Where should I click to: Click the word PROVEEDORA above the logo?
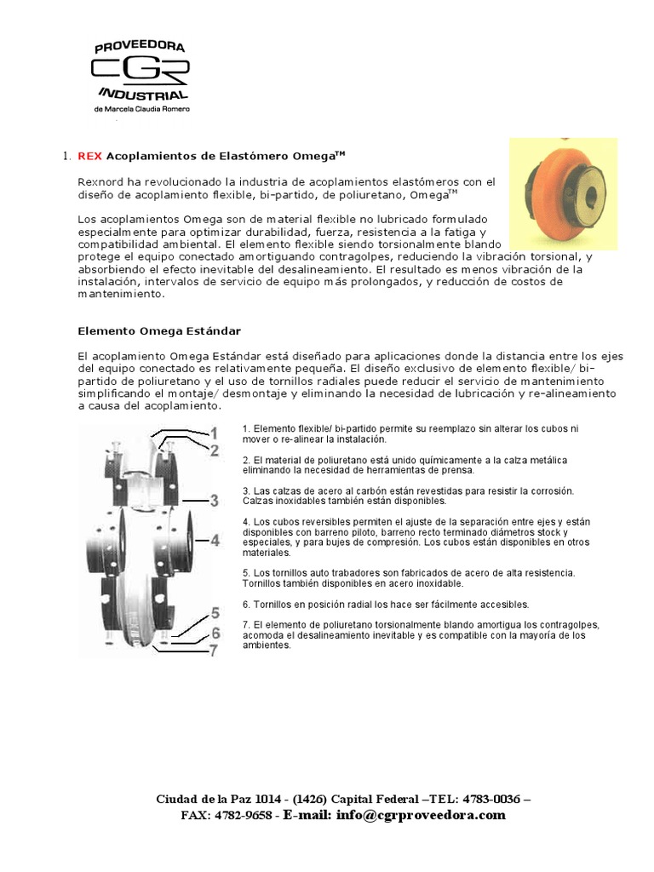click(141, 46)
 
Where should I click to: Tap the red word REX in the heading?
click(89, 156)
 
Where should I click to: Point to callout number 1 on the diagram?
click(215, 432)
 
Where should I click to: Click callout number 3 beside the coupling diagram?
click(215, 500)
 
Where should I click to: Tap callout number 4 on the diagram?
click(215, 540)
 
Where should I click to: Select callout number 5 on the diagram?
click(215, 613)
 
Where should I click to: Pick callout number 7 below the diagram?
click(215, 651)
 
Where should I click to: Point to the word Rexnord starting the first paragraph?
click(101, 182)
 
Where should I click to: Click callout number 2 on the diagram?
click(215, 450)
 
